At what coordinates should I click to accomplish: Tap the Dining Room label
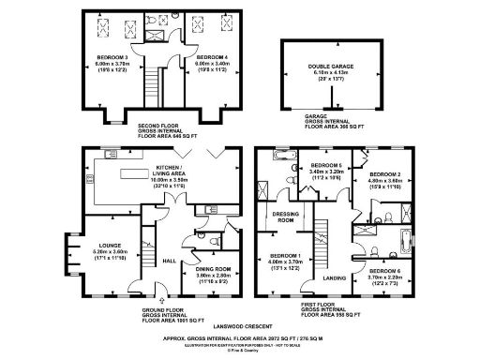pos(212,270)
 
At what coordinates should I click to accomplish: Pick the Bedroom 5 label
pos(327,165)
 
